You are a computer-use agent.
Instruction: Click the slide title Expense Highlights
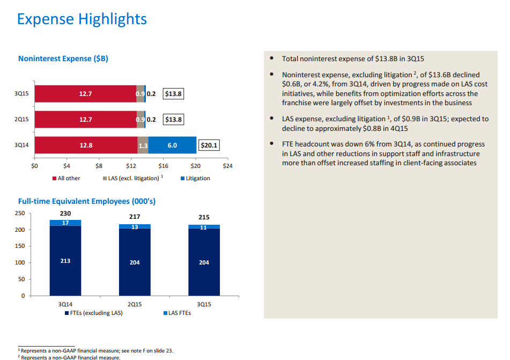pyautogui.click(x=82, y=19)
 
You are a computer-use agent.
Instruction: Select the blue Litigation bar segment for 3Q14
pyautogui.click(x=172, y=145)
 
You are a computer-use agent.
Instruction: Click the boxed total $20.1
pyautogui.click(x=209, y=145)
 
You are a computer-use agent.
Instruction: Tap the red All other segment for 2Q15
pyautogui.click(x=85, y=120)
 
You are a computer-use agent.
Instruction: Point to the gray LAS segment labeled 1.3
pyautogui.click(x=143, y=145)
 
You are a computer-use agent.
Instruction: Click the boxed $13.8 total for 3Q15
pyautogui.click(x=173, y=94)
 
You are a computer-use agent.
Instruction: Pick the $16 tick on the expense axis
pyautogui.click(x=163, y=166)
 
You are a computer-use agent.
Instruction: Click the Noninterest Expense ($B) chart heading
pyautogui.click(x=63, y=58)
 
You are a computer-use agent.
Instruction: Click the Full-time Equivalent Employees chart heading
pyautogui.click(x=87, y=201)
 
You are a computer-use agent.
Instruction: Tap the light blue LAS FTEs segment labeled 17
pyautogui.click(x=65, y=223)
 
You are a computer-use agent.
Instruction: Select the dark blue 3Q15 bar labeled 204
pyautogui.click(x=204, y=262)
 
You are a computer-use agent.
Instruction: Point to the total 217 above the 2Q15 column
pyautogui.click(x=135, y=216)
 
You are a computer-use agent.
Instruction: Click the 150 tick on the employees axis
pyautogui.click(x=19, y=246)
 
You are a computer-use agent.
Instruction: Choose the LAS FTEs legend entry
pyautogui.click(x=177, y=313)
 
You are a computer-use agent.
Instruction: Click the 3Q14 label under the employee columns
pyautogui.click(x=65, y=304)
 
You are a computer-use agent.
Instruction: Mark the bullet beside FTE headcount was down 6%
pyautogui.click(x=272, y=144)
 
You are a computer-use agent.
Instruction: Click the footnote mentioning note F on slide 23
pyautogui.click(x=97, y=351)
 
